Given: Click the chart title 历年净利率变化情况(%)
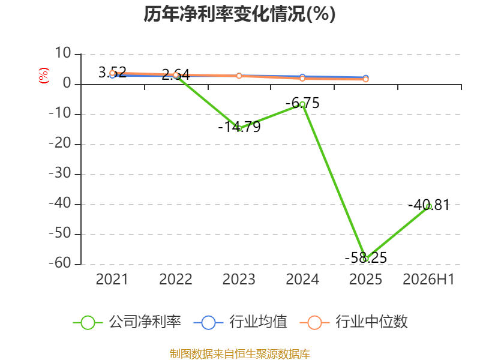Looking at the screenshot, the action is (239, 14).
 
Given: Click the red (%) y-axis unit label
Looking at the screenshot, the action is (43, 76).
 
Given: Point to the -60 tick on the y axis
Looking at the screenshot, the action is (60, 263).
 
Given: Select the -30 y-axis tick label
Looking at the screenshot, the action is (60, 173).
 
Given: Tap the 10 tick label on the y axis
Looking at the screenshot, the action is (63, 53).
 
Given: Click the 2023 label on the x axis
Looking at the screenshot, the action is (239, 279).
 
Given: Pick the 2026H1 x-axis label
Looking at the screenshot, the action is (428, 279).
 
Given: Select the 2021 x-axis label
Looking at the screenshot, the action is (112, 279).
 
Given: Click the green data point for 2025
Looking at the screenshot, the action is (365, 259).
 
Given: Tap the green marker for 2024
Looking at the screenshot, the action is (302, 104).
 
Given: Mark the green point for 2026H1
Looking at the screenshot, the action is (429, 206).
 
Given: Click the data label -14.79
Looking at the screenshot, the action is (239, 127).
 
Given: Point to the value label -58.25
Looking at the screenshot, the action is (366, 257).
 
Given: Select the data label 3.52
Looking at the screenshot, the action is (112, 72).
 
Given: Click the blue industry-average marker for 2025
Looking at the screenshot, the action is (365, 78).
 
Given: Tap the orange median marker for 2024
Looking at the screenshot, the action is (302, 79).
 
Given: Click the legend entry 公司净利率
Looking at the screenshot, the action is (127, 322).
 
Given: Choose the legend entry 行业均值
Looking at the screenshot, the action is (241, 322).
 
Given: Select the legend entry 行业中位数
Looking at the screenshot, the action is (354, 322).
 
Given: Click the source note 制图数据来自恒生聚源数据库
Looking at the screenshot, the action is (240, 354).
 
